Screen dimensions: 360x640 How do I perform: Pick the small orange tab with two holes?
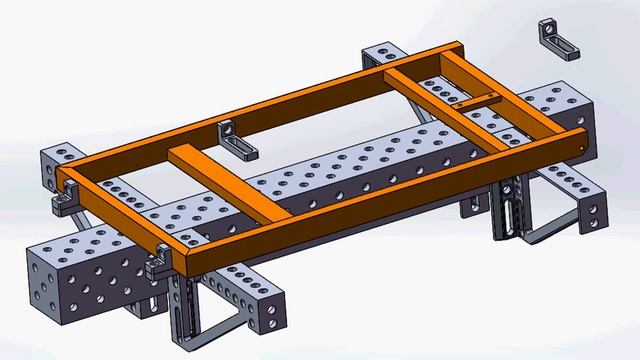(x=480, y=100)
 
